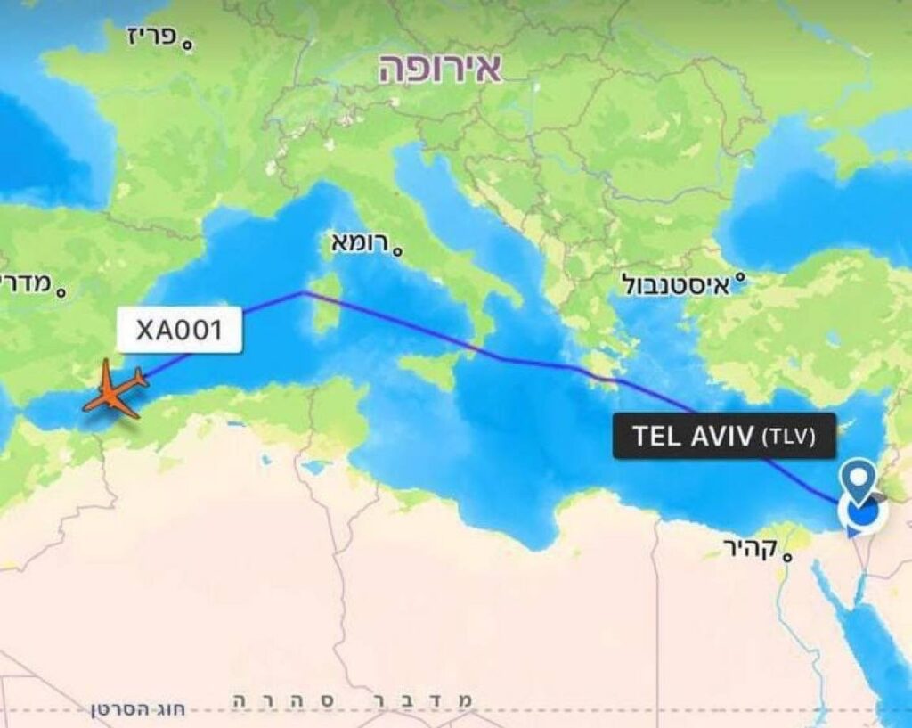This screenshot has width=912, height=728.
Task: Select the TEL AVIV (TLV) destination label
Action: (x=723, y=436)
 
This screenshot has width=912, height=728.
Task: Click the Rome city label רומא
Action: (x=360, y=241)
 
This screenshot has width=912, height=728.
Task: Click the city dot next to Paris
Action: (x=188, y=43)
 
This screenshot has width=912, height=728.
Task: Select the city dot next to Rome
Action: (x=397, y=251)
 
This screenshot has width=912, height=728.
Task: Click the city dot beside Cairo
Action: (x=787, y=557)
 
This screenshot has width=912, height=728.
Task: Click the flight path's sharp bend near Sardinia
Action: (x=303, y=292)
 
